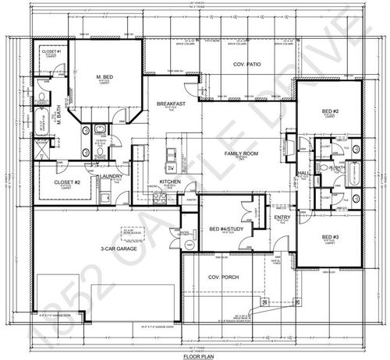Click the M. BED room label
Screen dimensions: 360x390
[106, 77]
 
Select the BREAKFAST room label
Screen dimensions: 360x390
[169, 104]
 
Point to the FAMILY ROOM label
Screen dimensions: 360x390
[243, 154]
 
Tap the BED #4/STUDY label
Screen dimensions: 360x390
[225, 228]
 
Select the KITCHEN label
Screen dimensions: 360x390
[171, 182]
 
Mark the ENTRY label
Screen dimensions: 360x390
[282, 217]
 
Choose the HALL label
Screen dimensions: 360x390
[303, 173]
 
